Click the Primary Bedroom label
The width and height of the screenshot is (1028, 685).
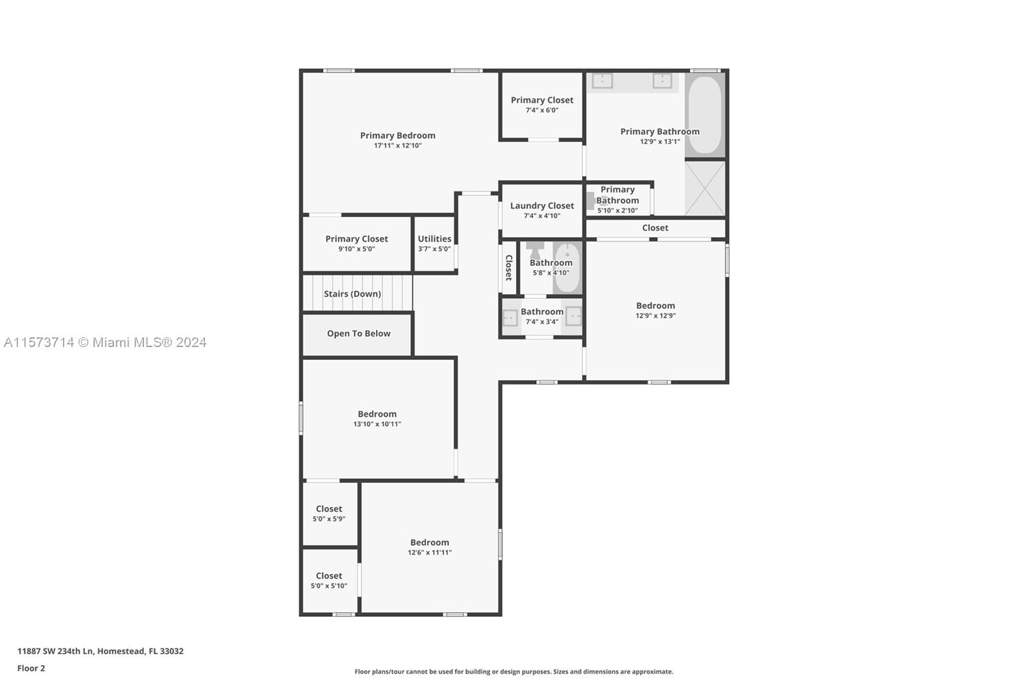point(398,136)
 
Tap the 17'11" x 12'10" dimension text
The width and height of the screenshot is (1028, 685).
point(398,145)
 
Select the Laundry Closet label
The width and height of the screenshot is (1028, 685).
point(542,206)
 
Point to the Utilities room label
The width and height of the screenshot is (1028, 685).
point(434,239)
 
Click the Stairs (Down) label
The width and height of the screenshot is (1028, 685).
point(353,294)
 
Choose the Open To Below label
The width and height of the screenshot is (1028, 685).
point(359,334)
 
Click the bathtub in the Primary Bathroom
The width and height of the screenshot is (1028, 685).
point(705,115)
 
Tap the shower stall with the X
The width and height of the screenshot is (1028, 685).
point(705,188)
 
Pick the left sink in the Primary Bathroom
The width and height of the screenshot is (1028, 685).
point(602,81)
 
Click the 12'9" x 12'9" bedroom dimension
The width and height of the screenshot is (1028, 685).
point(655,316)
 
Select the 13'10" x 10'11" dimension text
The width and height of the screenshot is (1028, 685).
point(377,424)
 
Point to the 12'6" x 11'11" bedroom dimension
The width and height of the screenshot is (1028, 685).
point(430,553)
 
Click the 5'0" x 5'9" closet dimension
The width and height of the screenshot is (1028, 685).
point(328,519)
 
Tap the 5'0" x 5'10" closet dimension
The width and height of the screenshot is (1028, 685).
point(328,586)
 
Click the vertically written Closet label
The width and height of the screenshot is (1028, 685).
point(508,267)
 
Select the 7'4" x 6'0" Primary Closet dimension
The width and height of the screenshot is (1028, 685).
point(542,110)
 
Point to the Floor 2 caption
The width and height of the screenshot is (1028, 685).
point(31,668)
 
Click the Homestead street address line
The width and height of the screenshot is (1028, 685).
point(100,651)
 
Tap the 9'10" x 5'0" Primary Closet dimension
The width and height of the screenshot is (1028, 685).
point(357,249)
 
